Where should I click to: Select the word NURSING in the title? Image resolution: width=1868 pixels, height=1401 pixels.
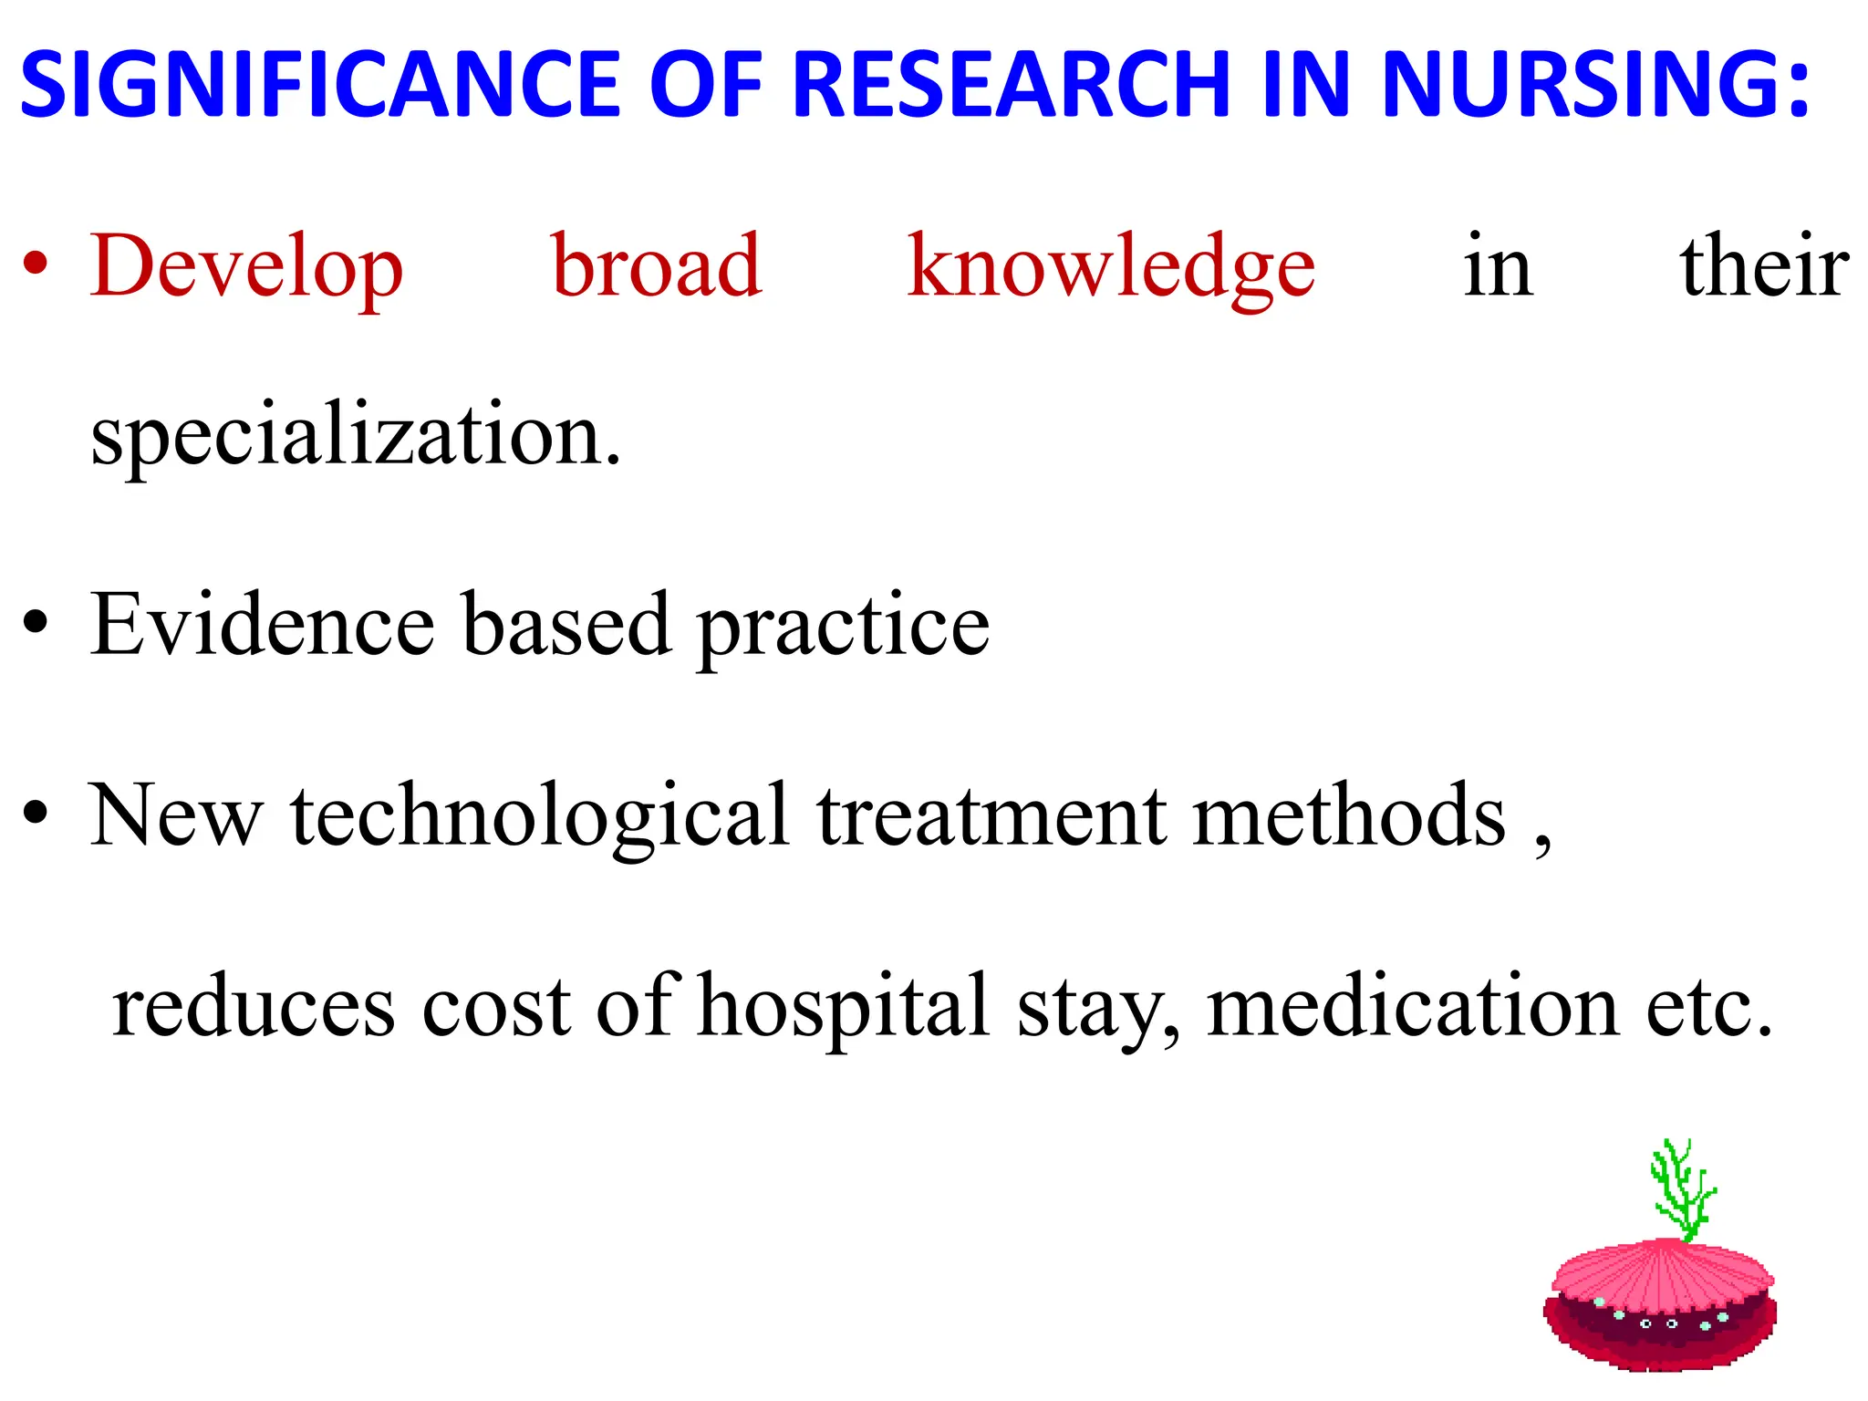point(1583,84)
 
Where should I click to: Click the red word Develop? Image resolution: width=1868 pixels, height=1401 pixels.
point(246,266)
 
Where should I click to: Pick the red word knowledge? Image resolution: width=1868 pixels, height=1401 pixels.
point(1111,266)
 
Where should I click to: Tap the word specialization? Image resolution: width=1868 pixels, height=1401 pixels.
point(356,436)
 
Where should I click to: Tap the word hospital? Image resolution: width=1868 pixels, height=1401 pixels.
point(844,1007)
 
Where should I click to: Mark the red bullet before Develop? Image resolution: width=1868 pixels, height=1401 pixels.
point(36,265)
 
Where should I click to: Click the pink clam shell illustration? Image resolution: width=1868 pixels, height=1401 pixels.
point(1660,1304)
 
